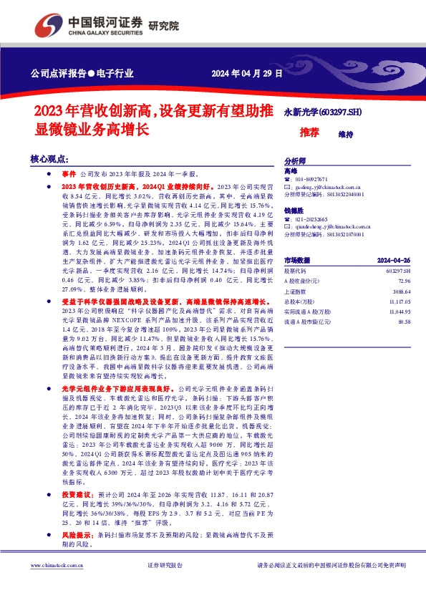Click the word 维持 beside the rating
coord(346,133)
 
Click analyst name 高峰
coord(290,171)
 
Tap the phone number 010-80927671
coord(311,179)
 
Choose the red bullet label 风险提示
coord(75,515)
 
